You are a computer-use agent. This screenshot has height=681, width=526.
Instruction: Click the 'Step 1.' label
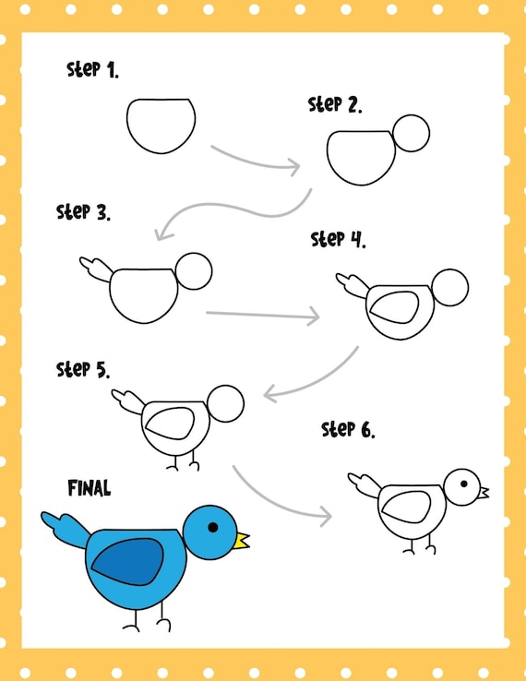pyautogui.click(x=92, y=70)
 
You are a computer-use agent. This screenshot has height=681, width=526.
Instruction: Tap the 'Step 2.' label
pyautogui.click(x=335, y=104)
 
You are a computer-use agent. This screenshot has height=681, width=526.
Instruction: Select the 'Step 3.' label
pyautogui.click(x=83, y=212)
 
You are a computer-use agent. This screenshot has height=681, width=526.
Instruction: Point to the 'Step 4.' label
pyautogui.click(x=338, y=239)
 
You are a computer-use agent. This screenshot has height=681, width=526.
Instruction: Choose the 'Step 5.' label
pyautogui.click(x=83, y=370)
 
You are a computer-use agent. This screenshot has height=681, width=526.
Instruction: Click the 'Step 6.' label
pyautogui.click(x=348, y=429)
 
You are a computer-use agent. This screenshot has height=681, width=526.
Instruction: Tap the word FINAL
pyautogui.click(x=90, y=488)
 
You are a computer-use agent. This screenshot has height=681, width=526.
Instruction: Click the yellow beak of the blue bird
pyautogui.click(x=241, y=541)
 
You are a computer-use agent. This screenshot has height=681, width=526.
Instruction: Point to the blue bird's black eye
pyautogui.click(x=213, y=527)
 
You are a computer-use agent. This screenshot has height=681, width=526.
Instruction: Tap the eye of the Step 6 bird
pyautogui.click(x=464, y=484)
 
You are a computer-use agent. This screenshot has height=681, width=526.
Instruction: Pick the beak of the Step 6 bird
pyautogui.click(x=484, y=493)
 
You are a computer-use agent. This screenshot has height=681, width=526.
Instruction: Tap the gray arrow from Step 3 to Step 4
pyautogui.click(x=263, y=314)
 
